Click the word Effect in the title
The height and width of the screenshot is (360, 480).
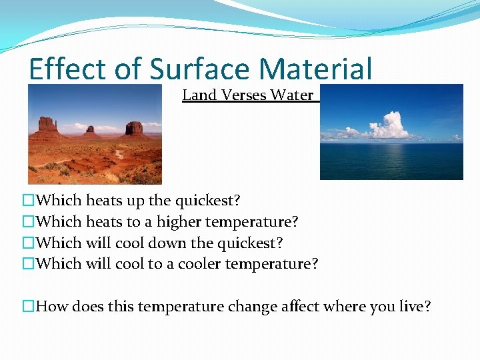(59, 69)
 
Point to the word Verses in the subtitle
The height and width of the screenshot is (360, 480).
(244, 95)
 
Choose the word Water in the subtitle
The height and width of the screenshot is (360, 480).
(292, 95)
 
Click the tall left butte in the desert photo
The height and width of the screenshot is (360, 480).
(47, 126)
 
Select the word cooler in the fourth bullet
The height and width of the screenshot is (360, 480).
(194, 264)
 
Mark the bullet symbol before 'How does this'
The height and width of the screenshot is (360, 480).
(28, 307)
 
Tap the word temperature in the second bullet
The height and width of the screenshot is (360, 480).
(253, 222)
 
